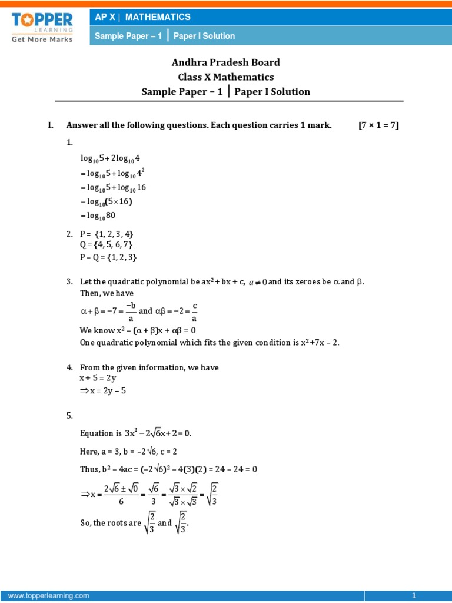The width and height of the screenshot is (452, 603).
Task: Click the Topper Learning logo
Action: (x=41, y=26)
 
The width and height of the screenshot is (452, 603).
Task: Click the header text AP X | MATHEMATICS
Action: (x=143, y=17)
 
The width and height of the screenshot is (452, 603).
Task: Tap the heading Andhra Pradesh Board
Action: (x=225, y=62)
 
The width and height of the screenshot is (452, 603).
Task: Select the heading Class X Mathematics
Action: (x=225, y=77)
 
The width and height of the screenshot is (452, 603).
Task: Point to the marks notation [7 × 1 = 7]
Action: (x=378, y=125)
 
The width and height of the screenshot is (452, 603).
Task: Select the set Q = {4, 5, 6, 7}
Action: (x=106, y=245)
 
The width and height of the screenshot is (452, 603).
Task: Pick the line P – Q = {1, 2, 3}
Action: (x=108, y=257)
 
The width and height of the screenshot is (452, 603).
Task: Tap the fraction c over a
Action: (x=194, y=310)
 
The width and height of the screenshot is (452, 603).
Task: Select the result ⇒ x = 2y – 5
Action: (x=102, y=390)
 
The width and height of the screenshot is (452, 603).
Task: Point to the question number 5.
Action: (x=69, y=415)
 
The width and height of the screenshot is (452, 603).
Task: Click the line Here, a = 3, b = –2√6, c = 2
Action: (x=128, y=451)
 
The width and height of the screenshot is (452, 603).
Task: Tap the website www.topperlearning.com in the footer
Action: (x=49, y=596)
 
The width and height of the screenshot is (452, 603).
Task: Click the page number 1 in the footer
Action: (x=414, y=596)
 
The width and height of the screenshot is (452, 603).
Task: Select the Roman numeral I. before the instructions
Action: (x=51, y=125)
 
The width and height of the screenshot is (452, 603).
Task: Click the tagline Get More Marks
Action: (x=42, y=39)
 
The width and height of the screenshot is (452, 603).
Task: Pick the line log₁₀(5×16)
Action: (x=106, y=201)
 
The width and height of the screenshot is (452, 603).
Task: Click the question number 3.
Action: (x=69, y=282)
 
